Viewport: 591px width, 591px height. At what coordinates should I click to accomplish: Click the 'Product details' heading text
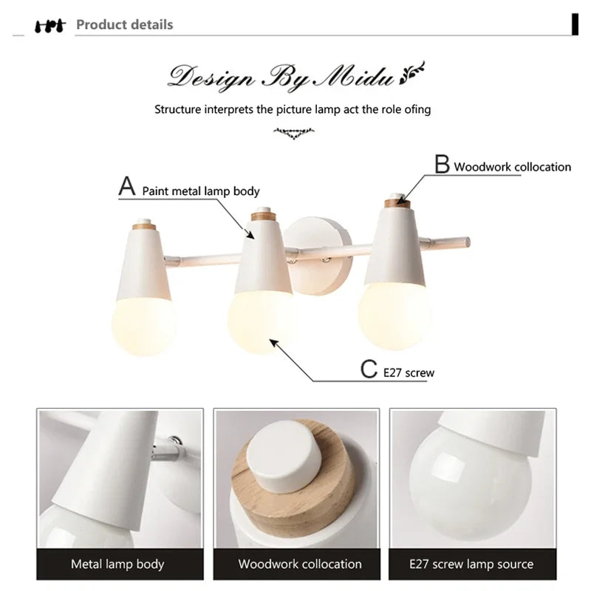point(124,24)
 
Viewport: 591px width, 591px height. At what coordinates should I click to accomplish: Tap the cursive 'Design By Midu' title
point(281,78)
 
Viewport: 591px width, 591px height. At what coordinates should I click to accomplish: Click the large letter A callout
point(127,186)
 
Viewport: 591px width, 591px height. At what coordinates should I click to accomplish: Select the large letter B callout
point(442,163)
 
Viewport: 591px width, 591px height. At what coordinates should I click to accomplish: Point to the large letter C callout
point(369,369)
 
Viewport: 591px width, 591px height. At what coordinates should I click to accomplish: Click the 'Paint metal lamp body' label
point(201,191)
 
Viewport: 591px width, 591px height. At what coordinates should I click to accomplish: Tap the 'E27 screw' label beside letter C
point(409,373)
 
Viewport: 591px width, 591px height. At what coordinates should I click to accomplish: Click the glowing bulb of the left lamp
point(143,326)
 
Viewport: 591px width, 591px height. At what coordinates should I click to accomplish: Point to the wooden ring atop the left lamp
point(144,227)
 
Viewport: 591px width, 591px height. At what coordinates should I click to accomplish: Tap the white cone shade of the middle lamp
point(264,257)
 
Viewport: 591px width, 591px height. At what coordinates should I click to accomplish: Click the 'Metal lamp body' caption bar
point(120,564)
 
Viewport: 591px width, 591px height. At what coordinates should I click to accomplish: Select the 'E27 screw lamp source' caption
point(471,564)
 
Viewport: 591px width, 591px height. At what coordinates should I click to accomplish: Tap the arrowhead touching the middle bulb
point(273,343)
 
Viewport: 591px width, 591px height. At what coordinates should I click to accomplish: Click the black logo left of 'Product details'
point(50,27)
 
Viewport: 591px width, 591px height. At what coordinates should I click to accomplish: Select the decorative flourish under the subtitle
point(293,133)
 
